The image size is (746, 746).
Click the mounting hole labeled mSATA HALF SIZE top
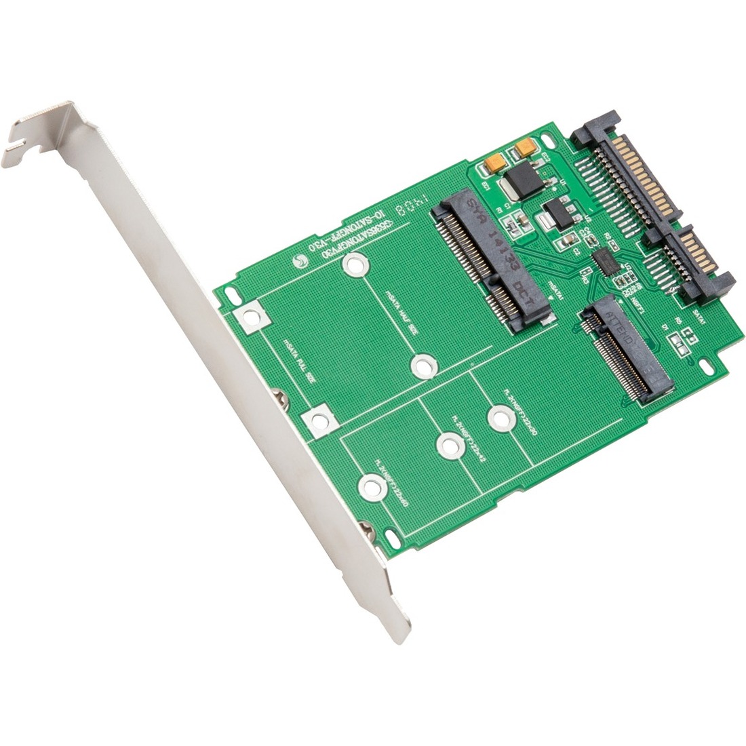(353, 265)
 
